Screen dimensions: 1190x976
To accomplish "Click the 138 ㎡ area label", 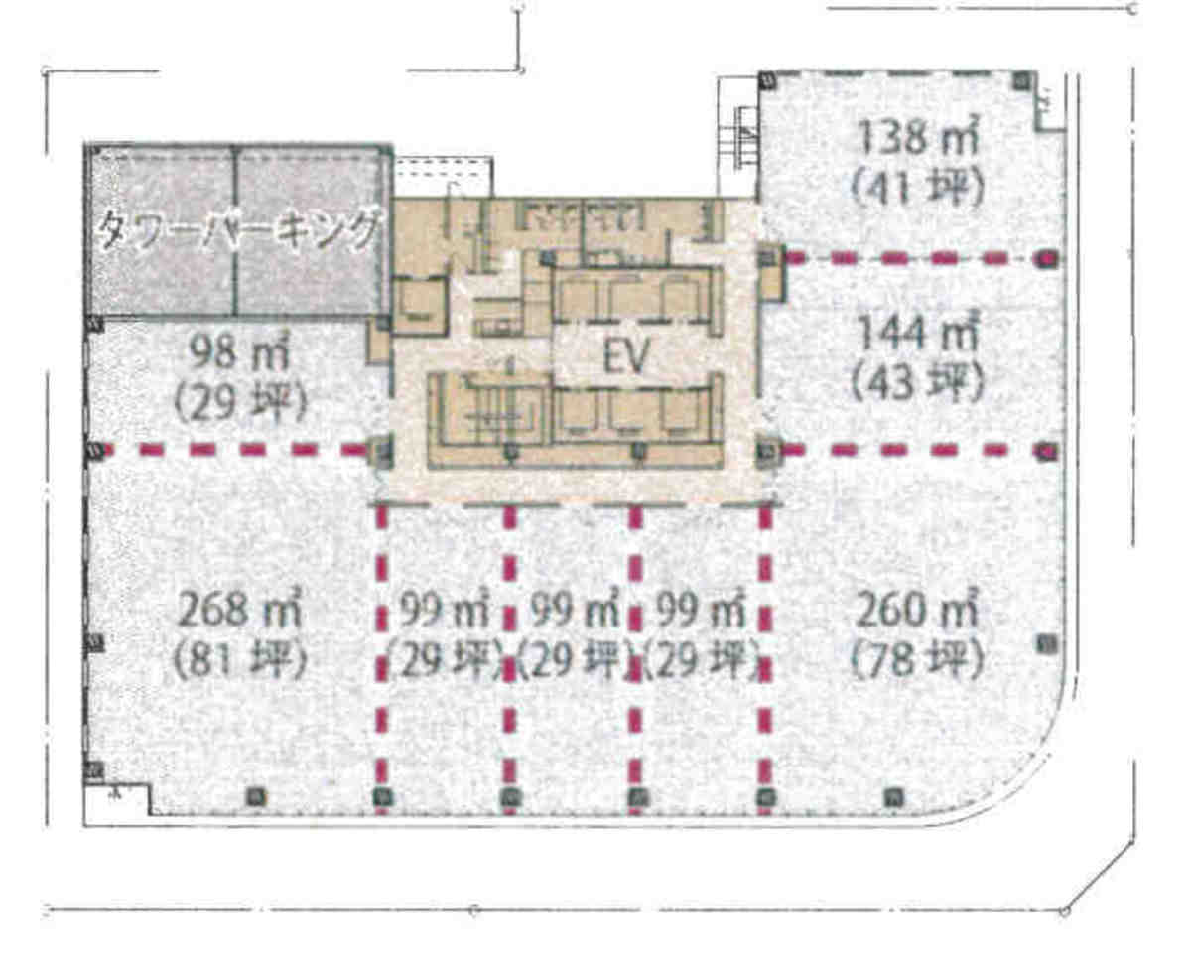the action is tap(917, 137).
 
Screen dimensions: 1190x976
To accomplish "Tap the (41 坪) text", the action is tap(917, 186).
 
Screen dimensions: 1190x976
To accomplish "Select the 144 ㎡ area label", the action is tap(917, 333).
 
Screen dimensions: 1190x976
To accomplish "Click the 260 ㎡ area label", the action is tap(917, 611).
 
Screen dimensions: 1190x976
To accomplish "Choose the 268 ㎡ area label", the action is tap(240, 610).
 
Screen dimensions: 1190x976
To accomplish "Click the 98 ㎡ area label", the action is tap(240, 352).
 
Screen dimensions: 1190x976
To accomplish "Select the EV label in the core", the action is tap(627, 356).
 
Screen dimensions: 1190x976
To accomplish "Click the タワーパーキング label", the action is tap(239, 230).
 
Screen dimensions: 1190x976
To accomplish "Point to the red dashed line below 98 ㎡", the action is tap(235, 450).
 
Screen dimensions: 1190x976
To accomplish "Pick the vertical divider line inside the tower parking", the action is tap(237, 230).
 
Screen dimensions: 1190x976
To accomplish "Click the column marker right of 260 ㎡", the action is tap(1046, 645).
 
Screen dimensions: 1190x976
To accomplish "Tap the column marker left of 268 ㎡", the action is tap(95, 644).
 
